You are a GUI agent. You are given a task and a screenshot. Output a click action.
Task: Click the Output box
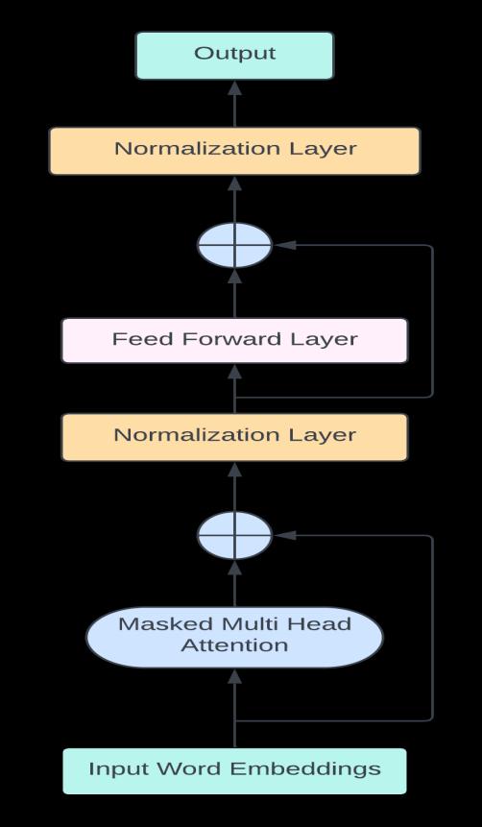coord(234,56)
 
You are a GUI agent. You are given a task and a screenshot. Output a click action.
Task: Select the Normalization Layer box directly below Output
coord(234,151)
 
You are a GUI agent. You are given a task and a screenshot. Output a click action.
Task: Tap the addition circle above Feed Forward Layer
coord(234,245)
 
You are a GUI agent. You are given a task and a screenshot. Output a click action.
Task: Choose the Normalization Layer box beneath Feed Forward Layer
coord(234,437)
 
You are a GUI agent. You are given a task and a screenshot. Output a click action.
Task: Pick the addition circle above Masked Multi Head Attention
coord(234,535)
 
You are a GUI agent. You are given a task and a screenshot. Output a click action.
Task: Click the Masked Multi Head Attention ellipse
coord(234,637)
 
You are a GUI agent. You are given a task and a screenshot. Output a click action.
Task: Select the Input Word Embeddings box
coord(234,771)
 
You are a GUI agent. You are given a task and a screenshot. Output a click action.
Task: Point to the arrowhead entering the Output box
coord(234,88)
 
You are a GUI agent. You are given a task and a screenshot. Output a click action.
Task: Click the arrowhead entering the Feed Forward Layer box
coord(234,372)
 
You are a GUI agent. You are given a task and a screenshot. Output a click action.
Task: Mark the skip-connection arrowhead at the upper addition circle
coord(285,245)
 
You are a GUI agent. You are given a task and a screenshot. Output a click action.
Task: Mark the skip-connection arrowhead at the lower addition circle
coord(285,535)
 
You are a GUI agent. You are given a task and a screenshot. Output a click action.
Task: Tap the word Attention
coord(234,645)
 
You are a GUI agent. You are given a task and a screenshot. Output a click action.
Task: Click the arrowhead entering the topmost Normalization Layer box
coord(234,183)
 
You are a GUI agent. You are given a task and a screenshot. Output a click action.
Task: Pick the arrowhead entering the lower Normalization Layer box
coord(234,470)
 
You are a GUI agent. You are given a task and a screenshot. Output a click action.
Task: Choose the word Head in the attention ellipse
coord(321,624)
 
